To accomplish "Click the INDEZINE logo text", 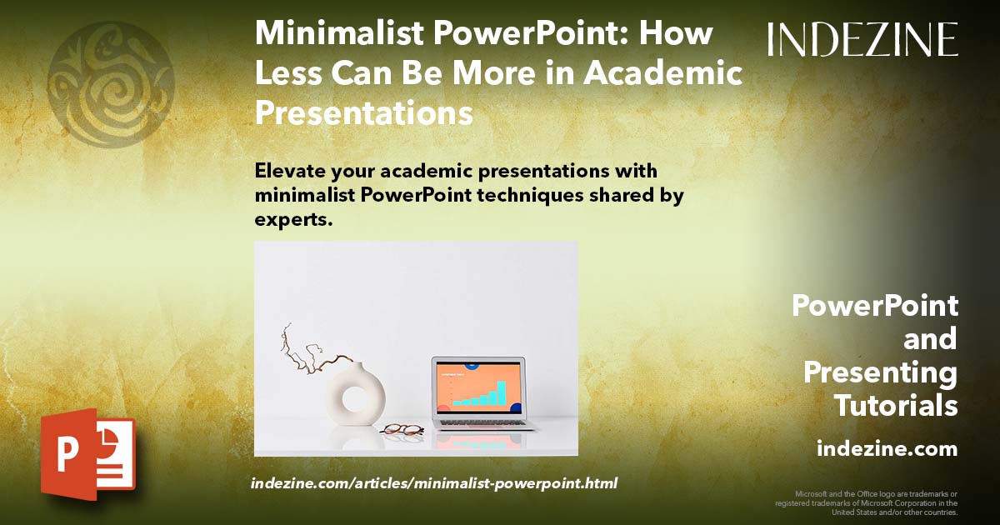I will pos(862,39).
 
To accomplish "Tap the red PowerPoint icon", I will pos(87,454).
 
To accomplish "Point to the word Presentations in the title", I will pos(364,112).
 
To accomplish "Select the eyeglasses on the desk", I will pos(402,429).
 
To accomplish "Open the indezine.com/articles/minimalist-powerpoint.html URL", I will pos(433,483).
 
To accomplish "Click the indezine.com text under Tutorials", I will pos(887,449).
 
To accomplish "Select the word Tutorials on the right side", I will pos(896,406).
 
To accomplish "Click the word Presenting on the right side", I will pos(880,372).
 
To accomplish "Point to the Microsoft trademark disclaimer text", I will pos(867,502).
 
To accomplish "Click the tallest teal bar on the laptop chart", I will pos(501,392).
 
